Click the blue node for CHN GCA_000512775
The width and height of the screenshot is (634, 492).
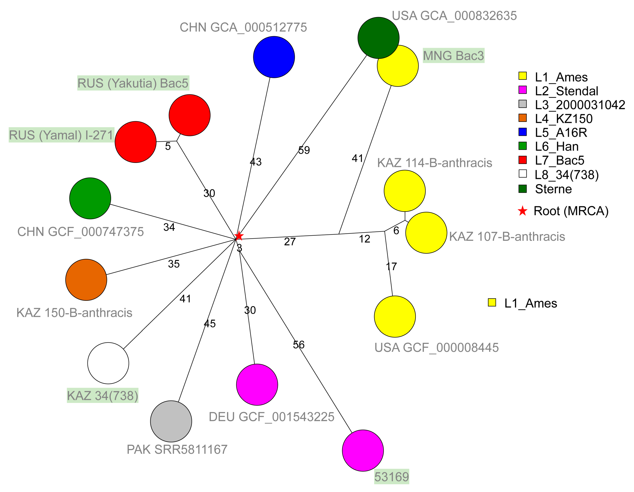coord(274,57)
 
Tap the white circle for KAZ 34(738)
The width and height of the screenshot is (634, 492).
coord(108,363)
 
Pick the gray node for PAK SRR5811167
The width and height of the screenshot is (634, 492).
coord(171,421)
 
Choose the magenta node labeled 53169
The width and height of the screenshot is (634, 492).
coord(363,450)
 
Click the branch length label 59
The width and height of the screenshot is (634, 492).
coord(304,150)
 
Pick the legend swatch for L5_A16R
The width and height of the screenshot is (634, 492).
coord(523,132)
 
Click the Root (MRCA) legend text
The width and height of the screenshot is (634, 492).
coord(571,211)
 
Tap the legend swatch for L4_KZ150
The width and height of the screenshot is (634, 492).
coord(523,118)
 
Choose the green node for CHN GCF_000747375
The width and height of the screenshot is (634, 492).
coord(90,198)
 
